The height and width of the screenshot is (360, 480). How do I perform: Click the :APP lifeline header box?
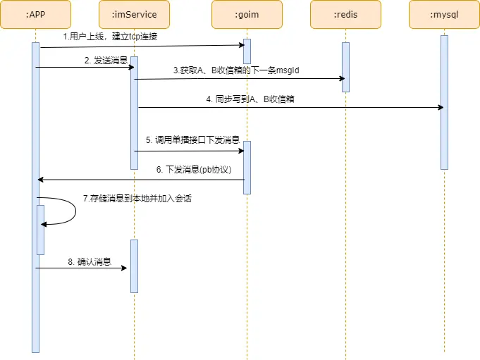(35, 14)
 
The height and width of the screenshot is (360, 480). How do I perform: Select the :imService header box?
(134, 14)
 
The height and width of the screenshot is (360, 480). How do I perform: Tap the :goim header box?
(247, 14)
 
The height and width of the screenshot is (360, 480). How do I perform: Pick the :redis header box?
(345, 14)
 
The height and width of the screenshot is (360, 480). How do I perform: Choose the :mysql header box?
(444, 14)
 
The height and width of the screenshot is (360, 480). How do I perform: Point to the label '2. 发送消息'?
(106, 61)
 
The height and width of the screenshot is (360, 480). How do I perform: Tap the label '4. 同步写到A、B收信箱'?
(250, 99)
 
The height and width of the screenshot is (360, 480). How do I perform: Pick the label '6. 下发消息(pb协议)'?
(193, 169)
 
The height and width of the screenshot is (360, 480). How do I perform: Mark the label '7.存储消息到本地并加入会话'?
(137, 199)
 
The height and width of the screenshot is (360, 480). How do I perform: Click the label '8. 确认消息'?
(90, 261)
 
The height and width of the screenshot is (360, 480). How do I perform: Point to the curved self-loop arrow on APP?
(75, 211)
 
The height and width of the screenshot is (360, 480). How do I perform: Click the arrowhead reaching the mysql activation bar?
(441, 107)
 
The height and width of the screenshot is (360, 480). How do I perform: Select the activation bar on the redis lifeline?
(345, 67)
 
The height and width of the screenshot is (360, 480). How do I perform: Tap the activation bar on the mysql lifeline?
(444, 102)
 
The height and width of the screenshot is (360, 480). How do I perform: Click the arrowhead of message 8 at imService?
(124, 268)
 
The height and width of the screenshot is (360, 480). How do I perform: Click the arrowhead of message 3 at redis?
(339, 79)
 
